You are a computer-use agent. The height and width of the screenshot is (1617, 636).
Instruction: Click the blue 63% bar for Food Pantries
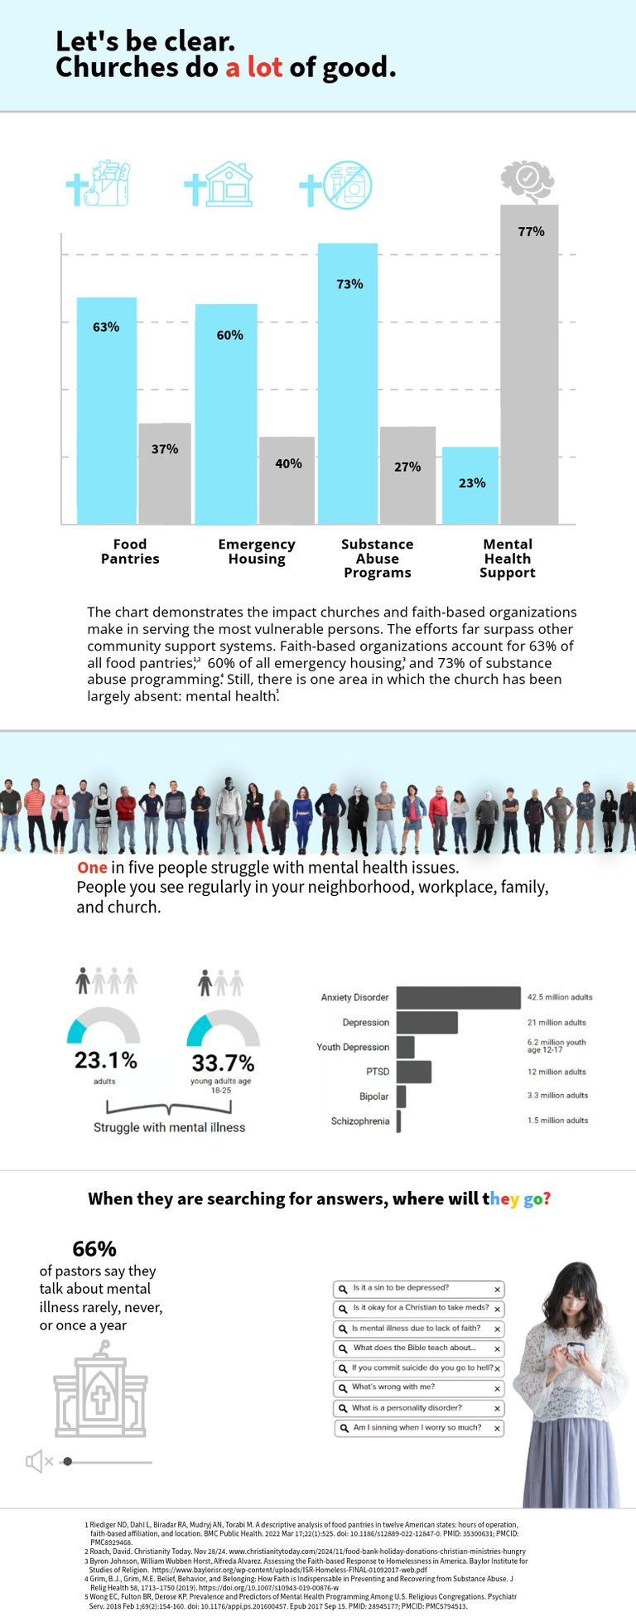[x=107, y=410]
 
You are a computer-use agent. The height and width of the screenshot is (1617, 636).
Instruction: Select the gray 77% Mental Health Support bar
[x=529, y=365]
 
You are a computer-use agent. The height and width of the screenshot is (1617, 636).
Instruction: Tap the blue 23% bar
[x=470, y=486]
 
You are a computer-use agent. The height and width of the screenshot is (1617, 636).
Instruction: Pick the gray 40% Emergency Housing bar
[x=287, y=481]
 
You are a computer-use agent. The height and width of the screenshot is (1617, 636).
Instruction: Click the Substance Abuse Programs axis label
[x=377, y=558]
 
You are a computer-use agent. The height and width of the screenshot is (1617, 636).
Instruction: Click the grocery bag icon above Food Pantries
[x=109, y=184]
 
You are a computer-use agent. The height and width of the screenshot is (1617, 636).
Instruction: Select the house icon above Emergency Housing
[x=229, y=184]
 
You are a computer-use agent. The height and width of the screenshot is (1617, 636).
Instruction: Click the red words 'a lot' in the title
[x=254, y=67]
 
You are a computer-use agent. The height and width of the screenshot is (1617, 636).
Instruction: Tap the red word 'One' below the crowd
[x=92, y=868]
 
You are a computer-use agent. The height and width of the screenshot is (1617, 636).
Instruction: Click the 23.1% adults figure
[x=105, y=1060]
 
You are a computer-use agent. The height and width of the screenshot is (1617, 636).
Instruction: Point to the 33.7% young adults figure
[x=223, y=1063]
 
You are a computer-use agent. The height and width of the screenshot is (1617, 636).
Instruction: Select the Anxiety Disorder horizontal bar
[x=458, y=997]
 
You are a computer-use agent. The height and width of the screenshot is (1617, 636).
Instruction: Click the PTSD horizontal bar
[x=413, y=1072]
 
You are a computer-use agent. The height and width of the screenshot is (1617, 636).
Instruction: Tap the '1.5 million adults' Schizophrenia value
[x=557, y=1121]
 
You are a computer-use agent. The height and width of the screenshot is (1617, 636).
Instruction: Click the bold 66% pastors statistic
[x=94, y=1249]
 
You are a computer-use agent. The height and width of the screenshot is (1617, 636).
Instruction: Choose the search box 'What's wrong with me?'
[x=419, y=1387]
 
